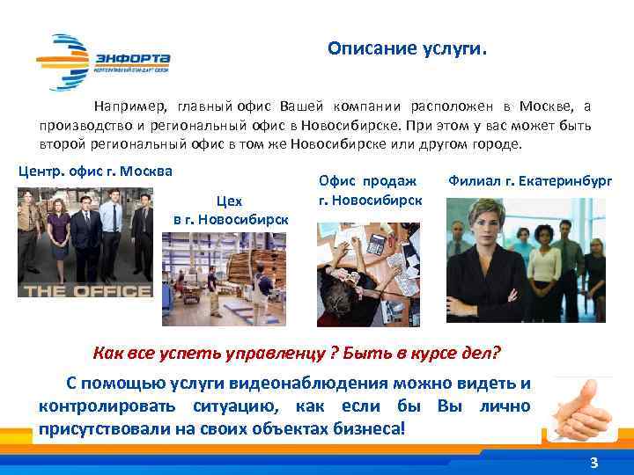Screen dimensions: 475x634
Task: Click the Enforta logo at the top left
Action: (103, 61)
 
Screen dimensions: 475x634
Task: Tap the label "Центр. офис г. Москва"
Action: (95, 171)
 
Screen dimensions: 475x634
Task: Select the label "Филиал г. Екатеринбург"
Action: (530, 182)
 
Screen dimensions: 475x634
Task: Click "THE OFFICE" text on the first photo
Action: (85, 289)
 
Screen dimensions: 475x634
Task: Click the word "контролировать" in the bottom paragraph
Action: (106, 406)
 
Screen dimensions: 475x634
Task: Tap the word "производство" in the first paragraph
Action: (85, 126)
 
